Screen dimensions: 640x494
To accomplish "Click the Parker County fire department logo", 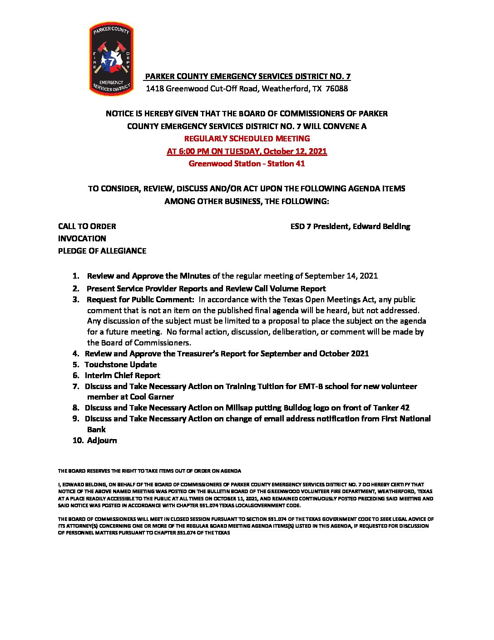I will tap(111, 59).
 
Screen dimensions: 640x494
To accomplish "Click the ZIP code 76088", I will tap(337, 89).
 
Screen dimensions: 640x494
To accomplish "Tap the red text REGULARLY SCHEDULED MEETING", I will tap(247, 138).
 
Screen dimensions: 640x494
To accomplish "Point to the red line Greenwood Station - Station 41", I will tap(247, 164).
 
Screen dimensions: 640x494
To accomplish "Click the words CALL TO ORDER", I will tap(87, 226).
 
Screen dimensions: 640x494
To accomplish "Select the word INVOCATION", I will tap(82, 239).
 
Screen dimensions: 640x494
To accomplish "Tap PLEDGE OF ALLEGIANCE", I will tap(102, 251).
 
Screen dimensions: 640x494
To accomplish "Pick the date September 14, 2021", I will tap(341, 276).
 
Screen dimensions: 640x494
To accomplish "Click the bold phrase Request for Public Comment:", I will tap(140, 300).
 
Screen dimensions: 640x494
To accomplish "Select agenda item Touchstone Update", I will tap(120, 365).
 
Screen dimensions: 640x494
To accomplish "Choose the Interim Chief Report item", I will tap(122, 375).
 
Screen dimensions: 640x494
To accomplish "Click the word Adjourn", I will tap(102, 440).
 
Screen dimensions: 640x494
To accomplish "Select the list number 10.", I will tap(78, 440).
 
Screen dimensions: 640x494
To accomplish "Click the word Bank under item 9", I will tap(96, 430).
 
